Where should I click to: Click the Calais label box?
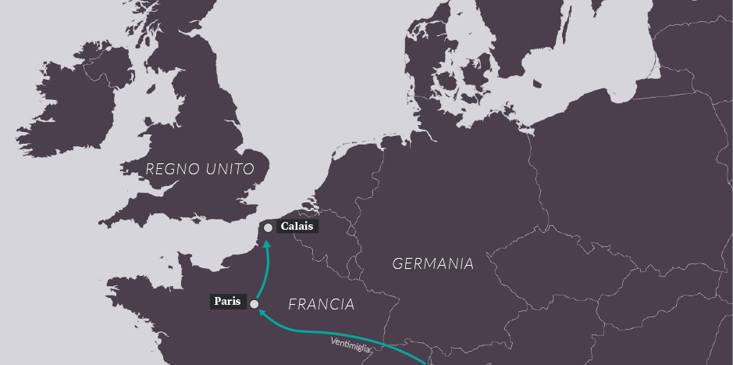[x=298, y=227]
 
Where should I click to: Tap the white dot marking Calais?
[x=269, y=227]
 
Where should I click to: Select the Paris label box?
[x=228, y=301]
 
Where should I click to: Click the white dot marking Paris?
[x=254, y=304]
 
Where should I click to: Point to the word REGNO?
[x=172, y=169]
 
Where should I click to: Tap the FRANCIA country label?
[x=321, y=304]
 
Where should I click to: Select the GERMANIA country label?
[x=432, y=263]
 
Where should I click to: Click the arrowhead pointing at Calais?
[x=267, y=245]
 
